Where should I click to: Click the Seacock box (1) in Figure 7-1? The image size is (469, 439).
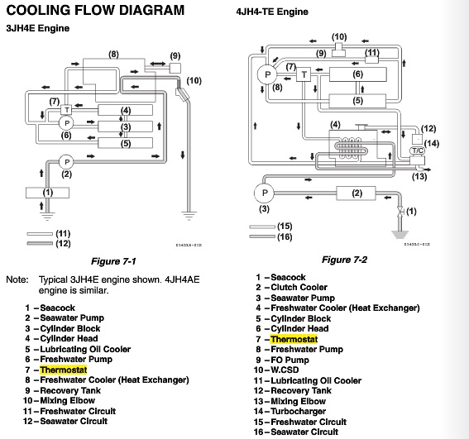[x=47, y=193]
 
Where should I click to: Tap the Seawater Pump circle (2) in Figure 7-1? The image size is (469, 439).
[x=66, y=162]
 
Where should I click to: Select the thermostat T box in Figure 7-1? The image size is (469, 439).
[x=67, y=110]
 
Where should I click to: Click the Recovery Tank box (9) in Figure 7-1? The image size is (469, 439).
[x=175, y=68]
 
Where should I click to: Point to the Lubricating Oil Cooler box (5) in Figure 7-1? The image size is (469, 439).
[x=126, y=143]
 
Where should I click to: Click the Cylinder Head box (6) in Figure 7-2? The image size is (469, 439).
[x=357, y=74]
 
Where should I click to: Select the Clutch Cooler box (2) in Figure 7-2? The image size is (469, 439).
[x=356, y=193]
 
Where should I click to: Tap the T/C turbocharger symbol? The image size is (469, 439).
[x=418, y=150]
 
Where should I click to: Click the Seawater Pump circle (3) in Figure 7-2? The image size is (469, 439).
[x=264, y=193]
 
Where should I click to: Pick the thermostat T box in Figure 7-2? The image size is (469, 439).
[x=304, y=74]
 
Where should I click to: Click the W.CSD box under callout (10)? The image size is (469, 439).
[x=338, y=50]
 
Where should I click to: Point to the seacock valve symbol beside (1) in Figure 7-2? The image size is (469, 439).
[x=400, y=212]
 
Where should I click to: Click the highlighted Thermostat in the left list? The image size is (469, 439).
[x=64, y=370]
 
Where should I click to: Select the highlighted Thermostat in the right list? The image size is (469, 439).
[x=294, y=340]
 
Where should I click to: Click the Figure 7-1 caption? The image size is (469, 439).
[x=113, y=261]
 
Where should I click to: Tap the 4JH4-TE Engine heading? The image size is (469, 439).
[x=272, y=12]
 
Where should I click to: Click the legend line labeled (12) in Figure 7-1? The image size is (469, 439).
[x=40, y=243]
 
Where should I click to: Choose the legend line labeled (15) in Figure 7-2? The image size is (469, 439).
[x=262, y=227]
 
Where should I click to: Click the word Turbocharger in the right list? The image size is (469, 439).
[x=299, y=412]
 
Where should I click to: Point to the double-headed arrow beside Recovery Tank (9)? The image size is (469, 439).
[x=158, y=64]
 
